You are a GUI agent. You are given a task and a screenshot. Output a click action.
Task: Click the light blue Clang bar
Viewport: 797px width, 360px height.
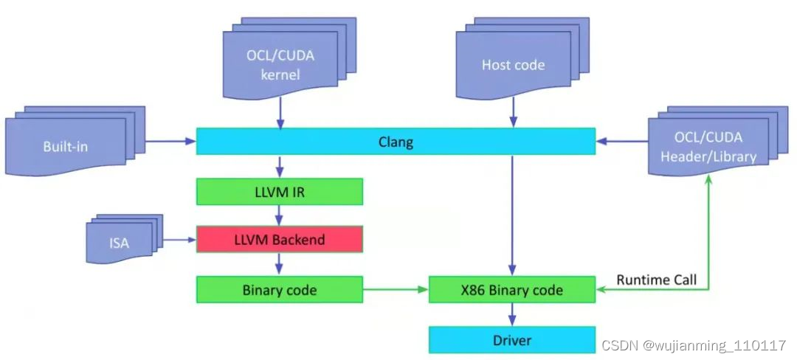396,142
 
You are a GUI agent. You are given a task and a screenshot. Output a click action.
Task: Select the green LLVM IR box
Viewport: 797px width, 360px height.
279,192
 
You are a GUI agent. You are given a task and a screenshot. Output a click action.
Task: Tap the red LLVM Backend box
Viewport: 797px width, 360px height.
279,240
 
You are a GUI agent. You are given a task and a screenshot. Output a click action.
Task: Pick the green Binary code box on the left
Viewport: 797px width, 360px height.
279,290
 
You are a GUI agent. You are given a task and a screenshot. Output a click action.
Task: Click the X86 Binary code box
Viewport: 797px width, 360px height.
512,290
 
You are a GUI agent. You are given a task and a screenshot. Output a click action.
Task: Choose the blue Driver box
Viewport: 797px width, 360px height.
512,340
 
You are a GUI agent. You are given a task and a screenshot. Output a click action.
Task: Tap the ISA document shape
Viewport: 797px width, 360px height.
118,241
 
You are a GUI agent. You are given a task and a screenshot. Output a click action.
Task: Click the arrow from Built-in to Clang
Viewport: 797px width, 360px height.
170,141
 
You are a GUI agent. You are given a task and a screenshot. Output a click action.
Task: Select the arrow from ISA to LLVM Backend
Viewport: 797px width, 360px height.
179,240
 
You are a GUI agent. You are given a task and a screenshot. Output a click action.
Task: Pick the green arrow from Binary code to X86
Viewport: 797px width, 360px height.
396,290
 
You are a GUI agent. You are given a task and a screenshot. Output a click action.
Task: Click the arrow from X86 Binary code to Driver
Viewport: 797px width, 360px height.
512,315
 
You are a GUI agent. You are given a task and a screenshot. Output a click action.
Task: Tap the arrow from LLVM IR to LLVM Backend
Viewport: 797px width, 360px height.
280,215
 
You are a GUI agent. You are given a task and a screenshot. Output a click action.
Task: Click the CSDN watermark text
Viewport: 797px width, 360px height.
694,345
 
